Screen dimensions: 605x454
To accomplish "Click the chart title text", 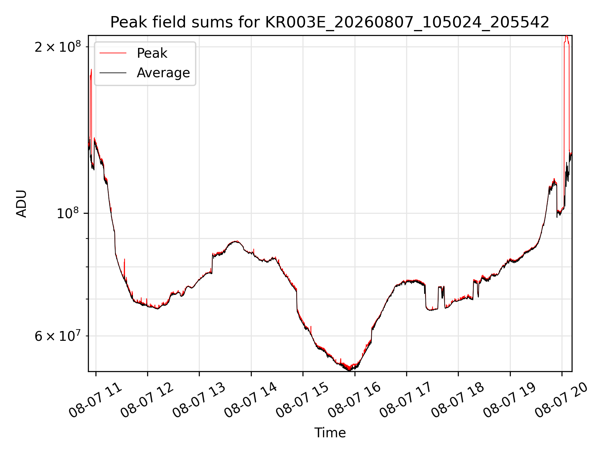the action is pyautogui.click(x=330, y=22).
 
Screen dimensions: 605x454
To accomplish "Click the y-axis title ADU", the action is pyautogui.click(x=21, y=204).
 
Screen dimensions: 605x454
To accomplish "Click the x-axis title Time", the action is pyautogui.click(x=330, y=433).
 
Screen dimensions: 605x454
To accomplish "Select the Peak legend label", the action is pyautogui.click(x=152, y=53).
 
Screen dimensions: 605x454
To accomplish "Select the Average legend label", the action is pyautogui.click(x=163, y=73).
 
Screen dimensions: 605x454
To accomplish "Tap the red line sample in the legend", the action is pyautogui.click(x=113, y=53).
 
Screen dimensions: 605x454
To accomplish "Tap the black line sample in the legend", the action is pyautogui.click(x=113, y=73).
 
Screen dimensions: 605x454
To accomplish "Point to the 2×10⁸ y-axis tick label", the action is pyautogui.click(x=58, y=47).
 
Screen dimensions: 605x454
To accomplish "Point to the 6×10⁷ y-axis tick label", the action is pyautogui.click(x=58, y=336).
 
